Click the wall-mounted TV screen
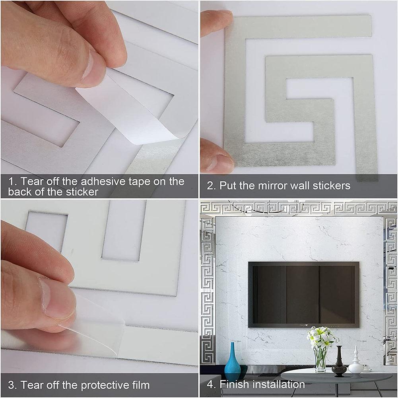(303, 294)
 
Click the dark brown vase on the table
(339, 362)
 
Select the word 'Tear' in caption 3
(33, 385)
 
